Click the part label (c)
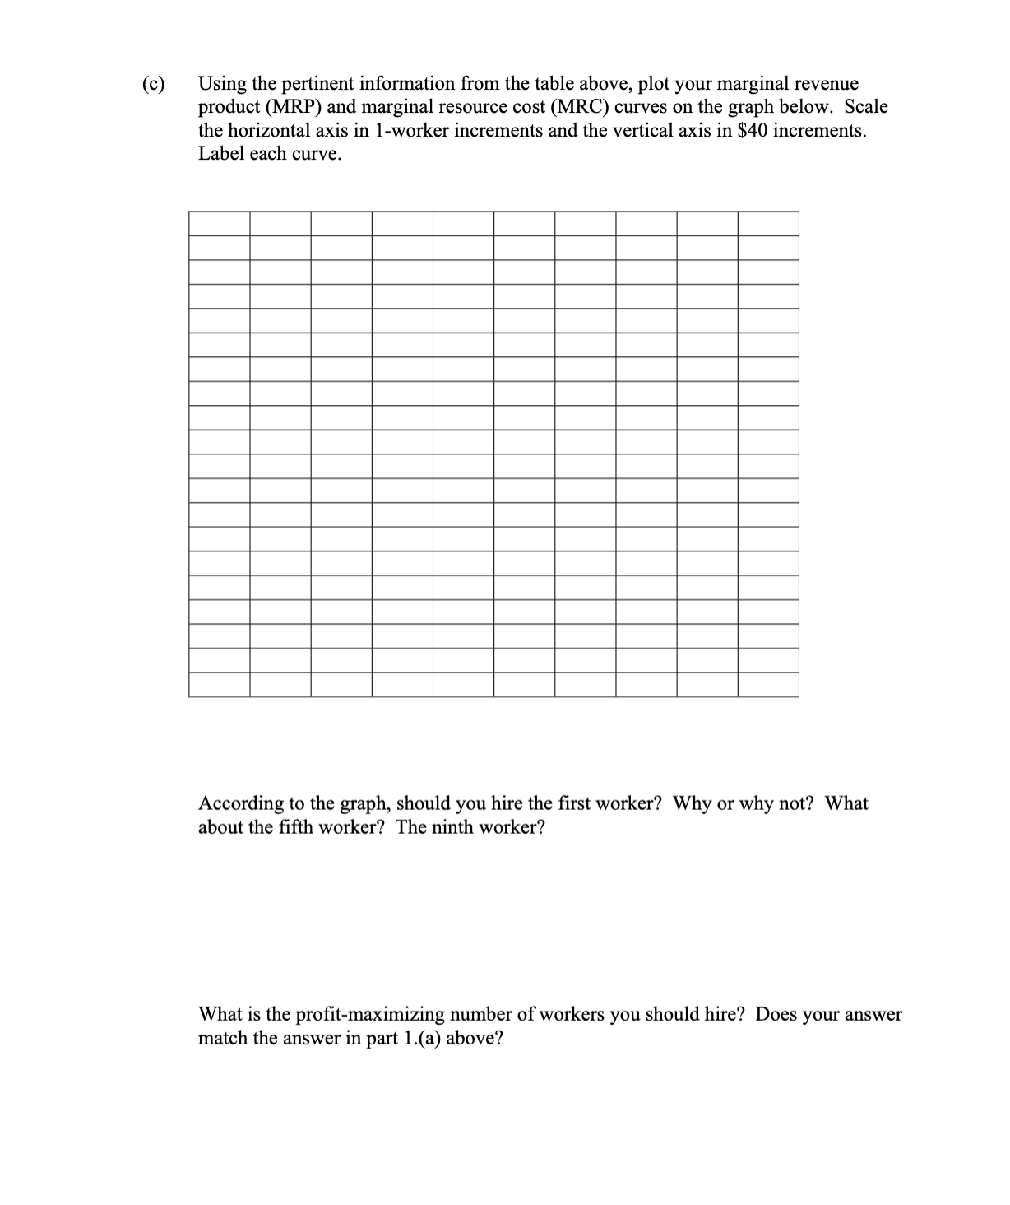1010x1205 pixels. pyautogui.click(x=153, y=84)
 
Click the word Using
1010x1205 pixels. pyautogui.click(x=222, y=84)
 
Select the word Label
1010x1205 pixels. pyautogui.click(x=221, y=154)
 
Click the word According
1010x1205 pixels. pyautogui.click(x=241, y=804)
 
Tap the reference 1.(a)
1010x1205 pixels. pyautogui.click(x=422, y=1039)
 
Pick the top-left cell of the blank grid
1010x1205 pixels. pyautogui.click(x=220, y=224)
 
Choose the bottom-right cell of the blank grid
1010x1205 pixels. pyautogui.click(x=767, y=684)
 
